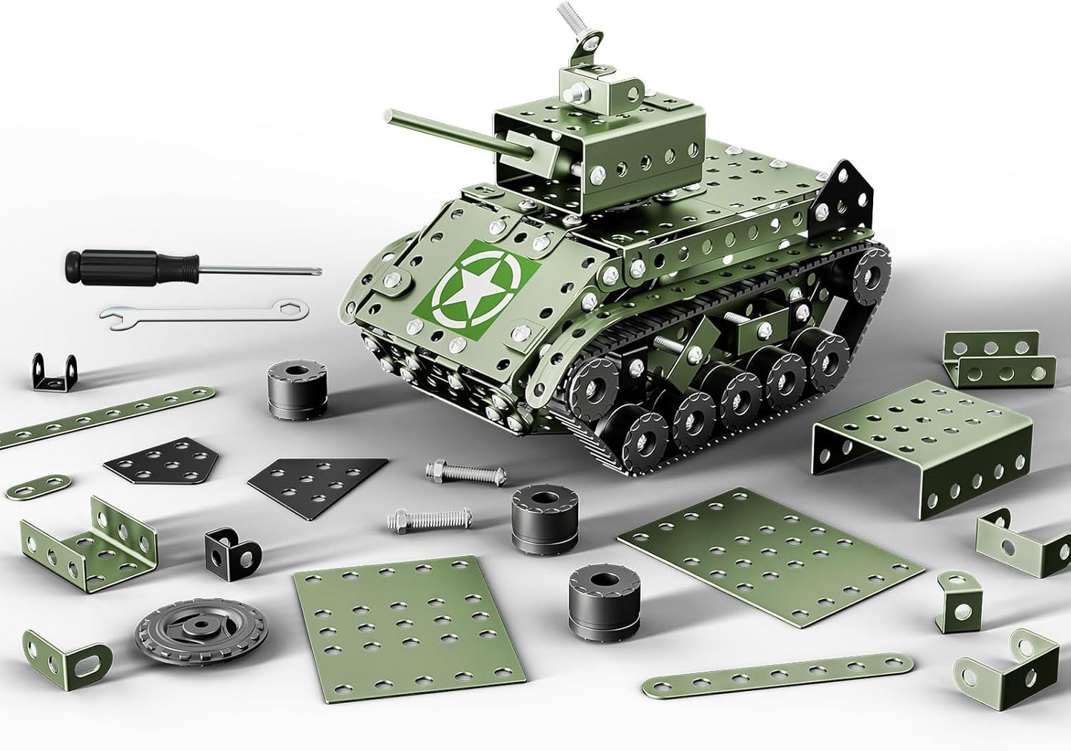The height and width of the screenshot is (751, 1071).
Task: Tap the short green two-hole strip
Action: coord(39,486)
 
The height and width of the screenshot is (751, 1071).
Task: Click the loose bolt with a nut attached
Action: coord(465,472)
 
